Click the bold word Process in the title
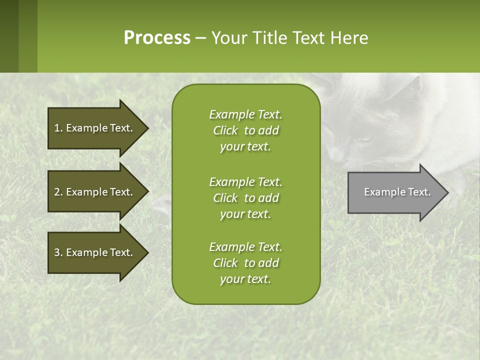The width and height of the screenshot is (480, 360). click(157, 37)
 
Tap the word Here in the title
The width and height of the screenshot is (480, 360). click(349, 37)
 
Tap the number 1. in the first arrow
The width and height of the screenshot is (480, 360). click(58, 128)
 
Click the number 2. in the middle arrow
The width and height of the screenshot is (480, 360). click(58, 192)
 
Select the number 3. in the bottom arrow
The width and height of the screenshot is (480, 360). click(58, 252)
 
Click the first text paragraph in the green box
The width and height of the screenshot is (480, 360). click(245, 130)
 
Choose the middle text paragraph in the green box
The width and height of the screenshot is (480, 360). click(245, 198)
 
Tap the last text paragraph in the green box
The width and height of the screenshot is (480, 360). click(245, 263)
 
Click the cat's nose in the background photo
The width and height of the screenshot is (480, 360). click(336, 156)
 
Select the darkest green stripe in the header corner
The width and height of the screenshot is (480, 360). click(9, 36)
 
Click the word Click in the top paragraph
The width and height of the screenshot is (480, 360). click(225, 130)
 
